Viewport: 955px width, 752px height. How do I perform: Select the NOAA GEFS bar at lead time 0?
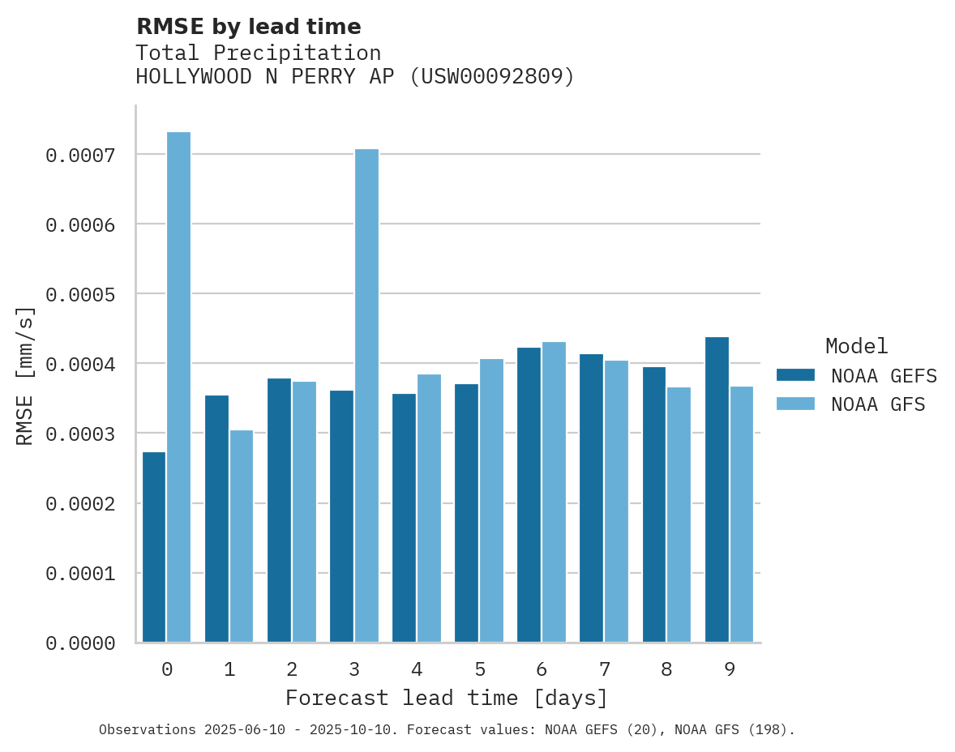[x=154, y=547]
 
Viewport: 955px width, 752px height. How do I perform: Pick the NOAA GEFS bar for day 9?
[x=717, y=489]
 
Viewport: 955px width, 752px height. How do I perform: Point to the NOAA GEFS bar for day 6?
[x=529, y=494]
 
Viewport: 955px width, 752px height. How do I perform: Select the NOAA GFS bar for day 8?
[x=679, y=515]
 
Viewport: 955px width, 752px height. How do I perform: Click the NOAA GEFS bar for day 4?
[x=404, y=518]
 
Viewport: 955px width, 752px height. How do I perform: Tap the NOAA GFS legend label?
[x=877, y=404]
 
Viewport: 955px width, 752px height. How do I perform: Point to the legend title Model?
[x=856, y=346]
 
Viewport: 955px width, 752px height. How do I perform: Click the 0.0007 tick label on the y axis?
[x=79, y=155]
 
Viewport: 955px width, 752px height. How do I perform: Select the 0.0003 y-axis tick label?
[x=79, y=434]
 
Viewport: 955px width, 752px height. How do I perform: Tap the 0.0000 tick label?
[x=79, y=643]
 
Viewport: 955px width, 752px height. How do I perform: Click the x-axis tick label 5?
[x=480, y=669]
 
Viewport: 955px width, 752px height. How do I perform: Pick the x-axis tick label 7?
[x=605, y=669]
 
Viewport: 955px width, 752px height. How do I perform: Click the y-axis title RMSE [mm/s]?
[x=26, y=376]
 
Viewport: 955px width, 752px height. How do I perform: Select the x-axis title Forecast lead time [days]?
[x=447, y=698]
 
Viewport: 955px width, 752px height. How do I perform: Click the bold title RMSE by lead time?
[x=248, y=27]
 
